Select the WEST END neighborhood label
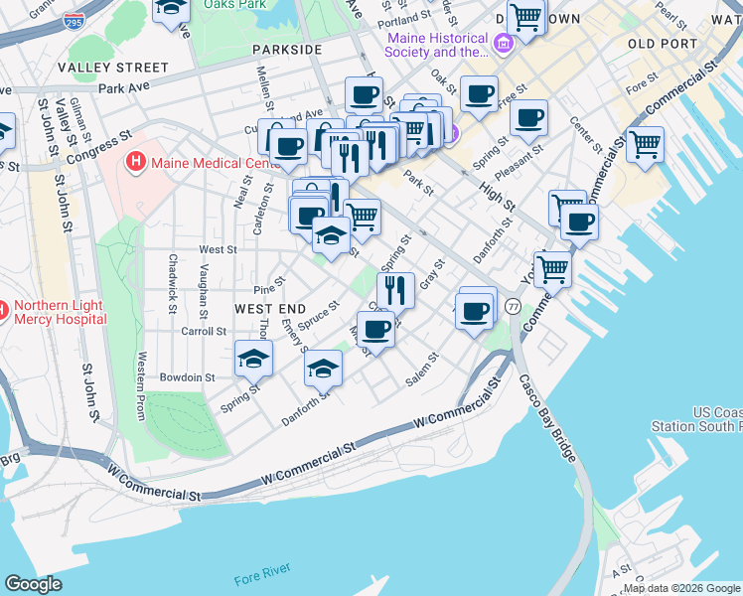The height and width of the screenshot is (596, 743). point(270,309)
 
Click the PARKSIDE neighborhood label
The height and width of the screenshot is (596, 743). point(287,49)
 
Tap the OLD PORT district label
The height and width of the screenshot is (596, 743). point(657,44)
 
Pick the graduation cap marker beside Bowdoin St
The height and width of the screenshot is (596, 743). point(253,357)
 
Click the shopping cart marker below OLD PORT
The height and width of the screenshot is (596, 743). point(645,144)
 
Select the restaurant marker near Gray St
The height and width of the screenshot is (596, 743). point(395,290)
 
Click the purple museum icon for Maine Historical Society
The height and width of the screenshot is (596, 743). point(503,43)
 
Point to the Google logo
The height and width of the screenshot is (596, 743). point(33,584)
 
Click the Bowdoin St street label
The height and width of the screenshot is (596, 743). point(189,377)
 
